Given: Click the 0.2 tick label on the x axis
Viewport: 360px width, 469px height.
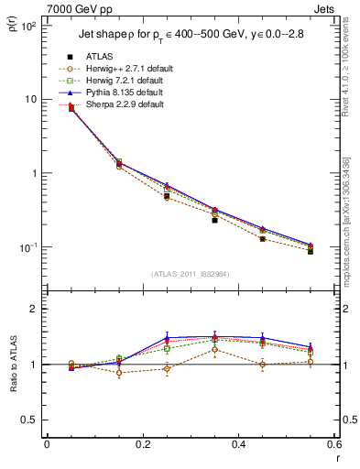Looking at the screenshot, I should tap(142, 444).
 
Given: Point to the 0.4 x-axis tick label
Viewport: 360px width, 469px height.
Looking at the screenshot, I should tap(238, 444).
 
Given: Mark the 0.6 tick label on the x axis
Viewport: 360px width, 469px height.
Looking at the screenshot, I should tap(333, 444).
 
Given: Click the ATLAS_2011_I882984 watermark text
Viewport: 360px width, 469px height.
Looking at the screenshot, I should tap(190, 273).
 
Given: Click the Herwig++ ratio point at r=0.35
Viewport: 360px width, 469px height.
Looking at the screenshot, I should tap(214, 349).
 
